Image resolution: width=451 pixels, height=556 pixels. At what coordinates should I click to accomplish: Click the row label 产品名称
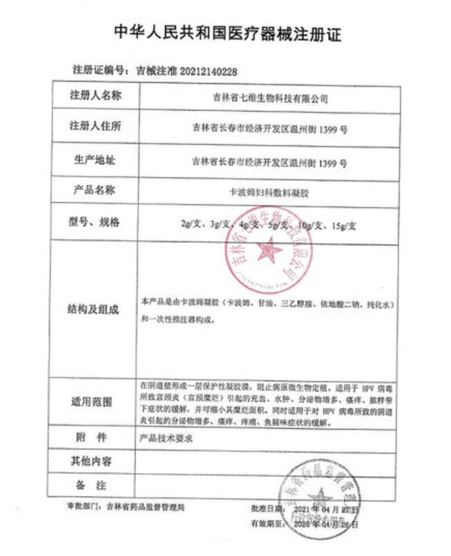[x=96, y=190]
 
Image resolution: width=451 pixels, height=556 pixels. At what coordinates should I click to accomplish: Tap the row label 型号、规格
[x=96, y=222]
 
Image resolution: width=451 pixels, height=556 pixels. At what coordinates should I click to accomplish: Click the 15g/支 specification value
[x=343, y=224]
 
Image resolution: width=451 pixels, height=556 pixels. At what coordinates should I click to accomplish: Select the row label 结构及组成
[x=96, y=308]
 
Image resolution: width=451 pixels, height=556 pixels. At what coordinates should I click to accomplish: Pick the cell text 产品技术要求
[x=166, y=439]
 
